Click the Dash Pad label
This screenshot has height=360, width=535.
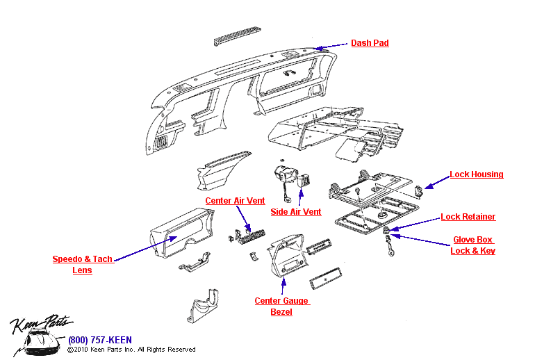coord(369,43)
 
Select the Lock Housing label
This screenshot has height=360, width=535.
coord(476,174)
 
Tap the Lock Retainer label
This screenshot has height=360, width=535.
coord(468,217)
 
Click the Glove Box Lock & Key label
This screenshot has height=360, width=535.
coord(472,245)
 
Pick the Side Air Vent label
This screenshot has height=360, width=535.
coord(295,212)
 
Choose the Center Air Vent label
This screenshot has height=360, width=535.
coord(235,201)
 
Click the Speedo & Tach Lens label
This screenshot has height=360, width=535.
coord(82,265)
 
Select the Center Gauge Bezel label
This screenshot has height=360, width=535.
coord(281,306)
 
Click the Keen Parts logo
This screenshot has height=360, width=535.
coord(38,333)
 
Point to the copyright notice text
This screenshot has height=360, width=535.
coord(131,350)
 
